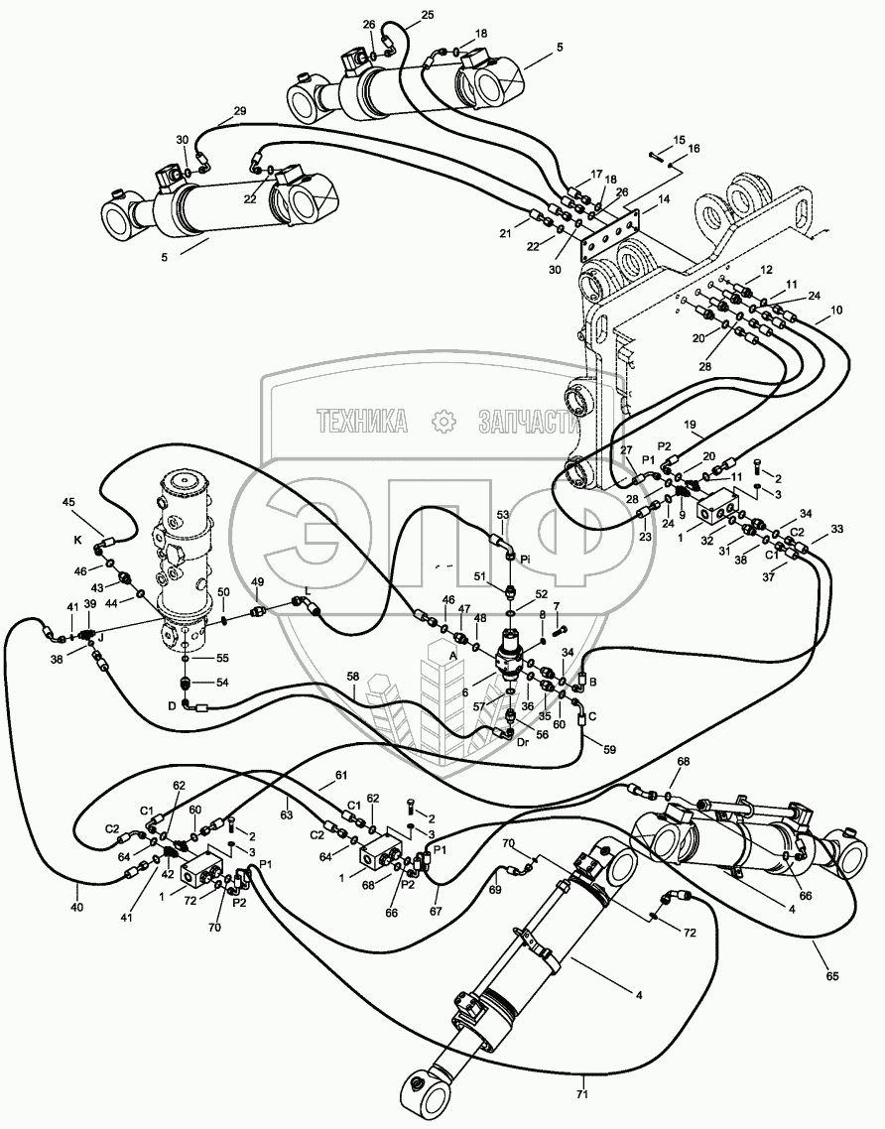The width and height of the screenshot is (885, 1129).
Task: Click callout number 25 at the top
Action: click(428, 15)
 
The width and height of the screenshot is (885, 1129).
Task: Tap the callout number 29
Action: click(239, 111)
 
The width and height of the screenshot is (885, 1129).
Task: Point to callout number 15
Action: click(679, 139)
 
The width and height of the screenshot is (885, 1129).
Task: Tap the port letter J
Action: click(99, 638)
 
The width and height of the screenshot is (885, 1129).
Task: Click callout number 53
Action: click(502, 514)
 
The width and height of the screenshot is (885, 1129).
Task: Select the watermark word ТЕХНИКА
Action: click(363, 422)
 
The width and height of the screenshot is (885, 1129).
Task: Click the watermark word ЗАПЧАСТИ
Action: click(529, 422)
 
